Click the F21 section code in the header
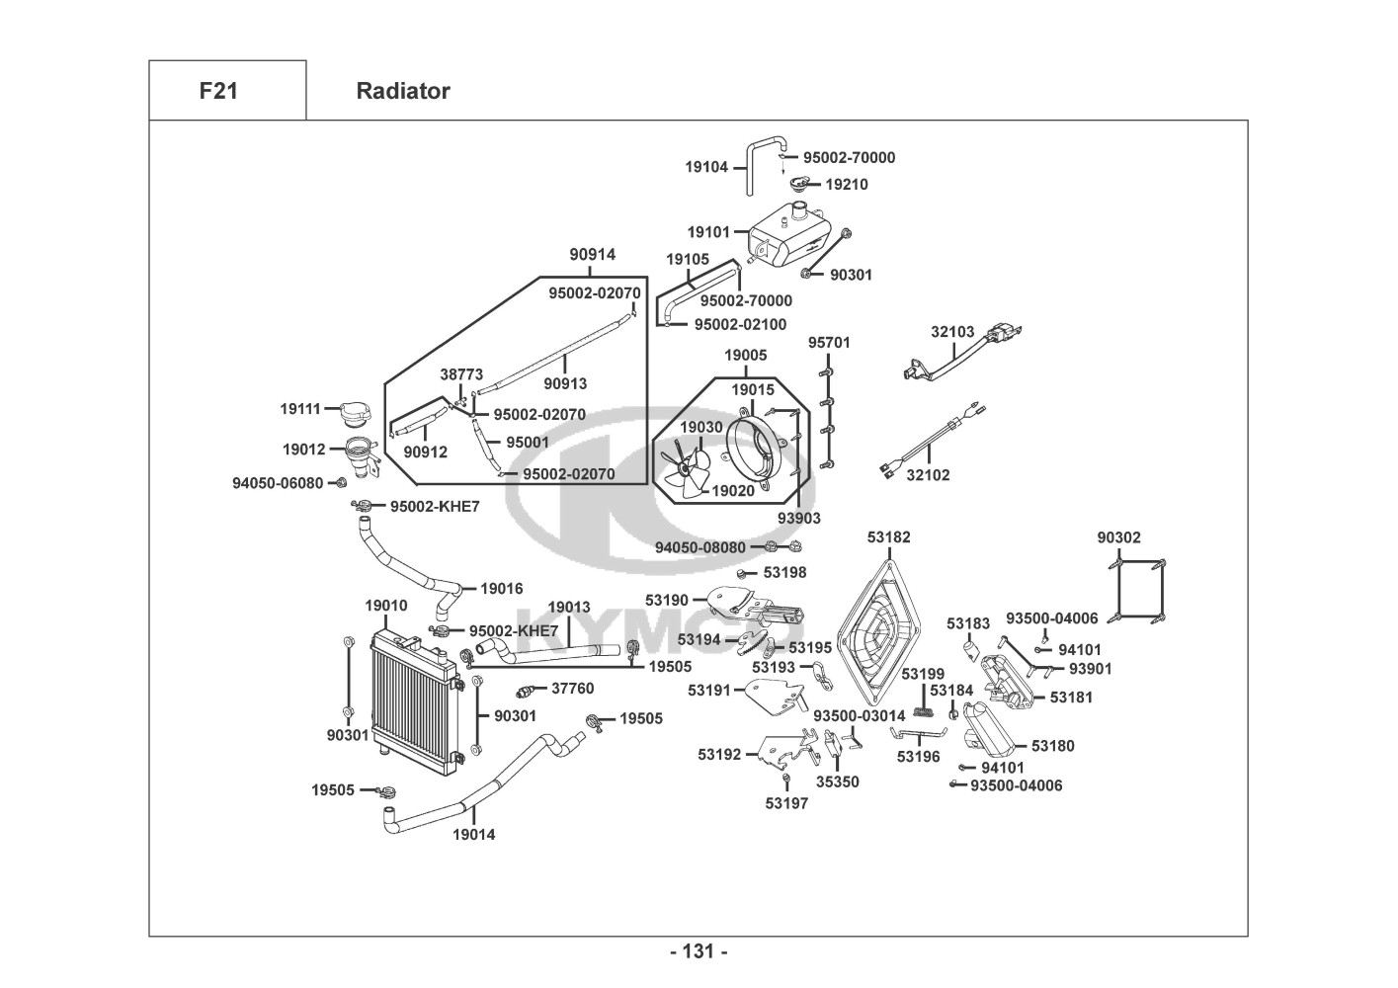217,91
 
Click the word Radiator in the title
402,91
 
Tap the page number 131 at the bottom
699,951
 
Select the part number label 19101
708,232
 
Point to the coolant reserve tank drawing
788,237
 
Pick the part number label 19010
385,606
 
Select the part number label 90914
592,255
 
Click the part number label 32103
952,332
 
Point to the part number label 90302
1118,537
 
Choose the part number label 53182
889,537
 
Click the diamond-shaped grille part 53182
879,632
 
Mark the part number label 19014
474,835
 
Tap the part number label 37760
572,689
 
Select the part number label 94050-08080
700,547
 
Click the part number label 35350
837,782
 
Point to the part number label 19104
706,167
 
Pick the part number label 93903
798,518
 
